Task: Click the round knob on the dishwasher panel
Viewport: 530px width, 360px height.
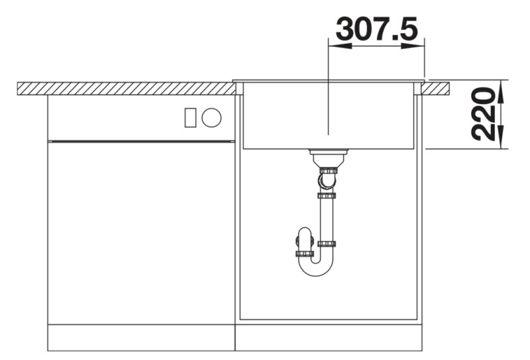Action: point(212,117)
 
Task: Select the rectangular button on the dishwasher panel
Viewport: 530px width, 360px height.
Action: point(190,117)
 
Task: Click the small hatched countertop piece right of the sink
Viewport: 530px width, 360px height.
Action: point(437,88)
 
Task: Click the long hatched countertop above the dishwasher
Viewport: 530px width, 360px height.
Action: point(126,88)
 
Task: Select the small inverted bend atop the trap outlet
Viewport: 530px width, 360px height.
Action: point(303,235)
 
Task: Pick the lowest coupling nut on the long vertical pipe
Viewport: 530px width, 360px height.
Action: point(325,244)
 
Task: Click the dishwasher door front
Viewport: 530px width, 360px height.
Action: point(141,232)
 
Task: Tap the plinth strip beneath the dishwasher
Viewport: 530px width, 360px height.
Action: point(141,337)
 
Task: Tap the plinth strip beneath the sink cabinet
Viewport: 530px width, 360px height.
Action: point(329,337)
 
